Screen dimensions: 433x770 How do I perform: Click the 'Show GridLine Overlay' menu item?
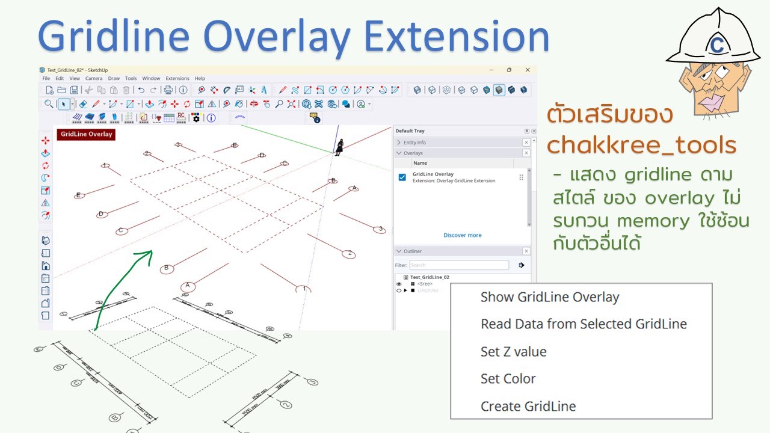click(549, 297)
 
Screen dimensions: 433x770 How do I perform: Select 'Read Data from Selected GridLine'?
click(583, 324)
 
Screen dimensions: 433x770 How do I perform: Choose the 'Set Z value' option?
click(513, 352)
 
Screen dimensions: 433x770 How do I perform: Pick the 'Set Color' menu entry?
click(508, 379)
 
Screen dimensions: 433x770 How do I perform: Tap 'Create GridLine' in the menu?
click(528, 407)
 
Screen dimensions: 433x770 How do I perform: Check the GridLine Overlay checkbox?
click(402, 177)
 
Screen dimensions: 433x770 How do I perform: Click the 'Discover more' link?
click(462, 235)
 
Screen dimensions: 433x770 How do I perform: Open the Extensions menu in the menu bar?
click(177, 78)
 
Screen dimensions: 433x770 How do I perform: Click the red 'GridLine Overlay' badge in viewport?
click(86, 134)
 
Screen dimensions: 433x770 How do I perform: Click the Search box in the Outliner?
click(459, 265)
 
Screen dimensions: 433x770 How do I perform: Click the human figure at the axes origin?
click(340, 147)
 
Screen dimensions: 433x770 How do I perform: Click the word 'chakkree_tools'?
click(642, 145)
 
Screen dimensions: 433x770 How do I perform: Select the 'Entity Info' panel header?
click(416, 143)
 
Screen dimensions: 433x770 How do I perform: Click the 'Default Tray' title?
click(410, 131)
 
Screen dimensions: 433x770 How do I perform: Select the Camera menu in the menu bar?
click(94, 78)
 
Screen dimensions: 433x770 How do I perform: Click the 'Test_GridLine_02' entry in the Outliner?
click(430, 277)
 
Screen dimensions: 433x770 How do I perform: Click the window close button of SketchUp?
click(528, 70)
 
